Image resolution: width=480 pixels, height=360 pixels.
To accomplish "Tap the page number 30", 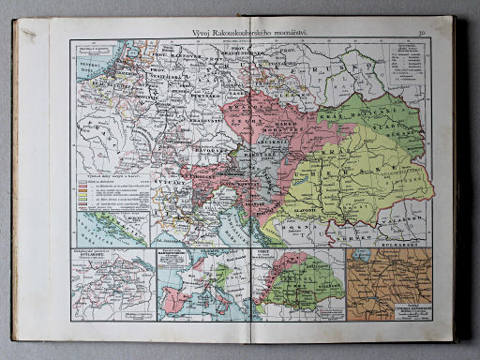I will point(423,34).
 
